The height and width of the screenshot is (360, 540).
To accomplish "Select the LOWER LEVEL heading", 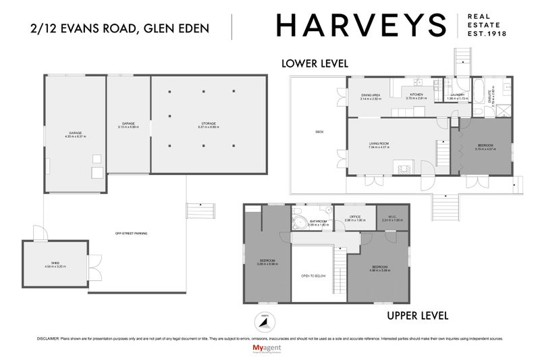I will (x=315, y=63).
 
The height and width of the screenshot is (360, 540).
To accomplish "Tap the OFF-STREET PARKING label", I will (x=131, y=234).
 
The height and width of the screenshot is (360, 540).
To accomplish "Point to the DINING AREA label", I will (x=371, y=95).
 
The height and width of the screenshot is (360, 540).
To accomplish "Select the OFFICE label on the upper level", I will (x=354, y=217).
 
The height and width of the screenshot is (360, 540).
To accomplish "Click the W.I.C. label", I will (x=391, y=217).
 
